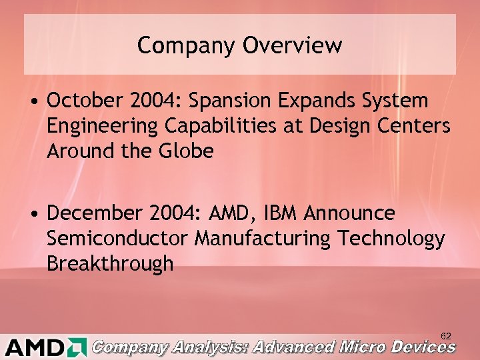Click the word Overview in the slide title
coord(293,45)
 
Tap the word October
coord(83,101)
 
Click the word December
coord(91,213)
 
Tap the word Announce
coord(349,213)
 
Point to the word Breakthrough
coord(110,264)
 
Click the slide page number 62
coord(446,336)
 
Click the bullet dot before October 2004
coord(33,101)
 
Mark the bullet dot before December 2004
coord(33,214)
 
